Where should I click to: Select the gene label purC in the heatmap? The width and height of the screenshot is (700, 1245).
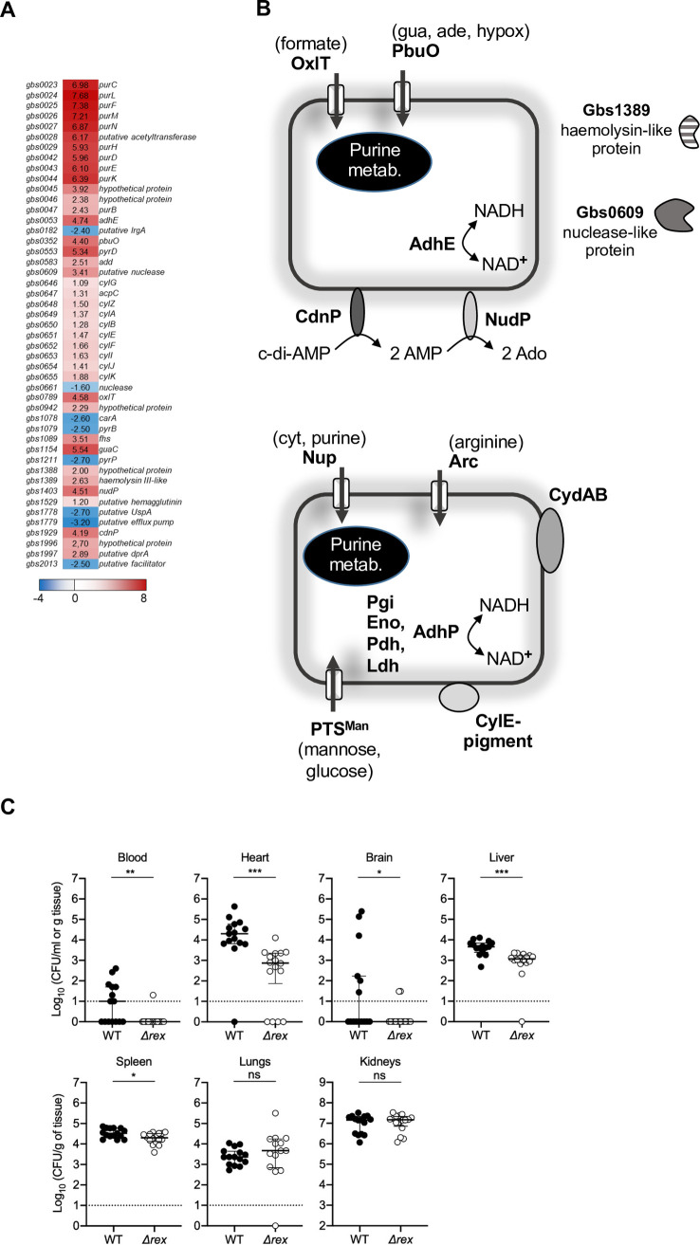(x=109, y=84)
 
